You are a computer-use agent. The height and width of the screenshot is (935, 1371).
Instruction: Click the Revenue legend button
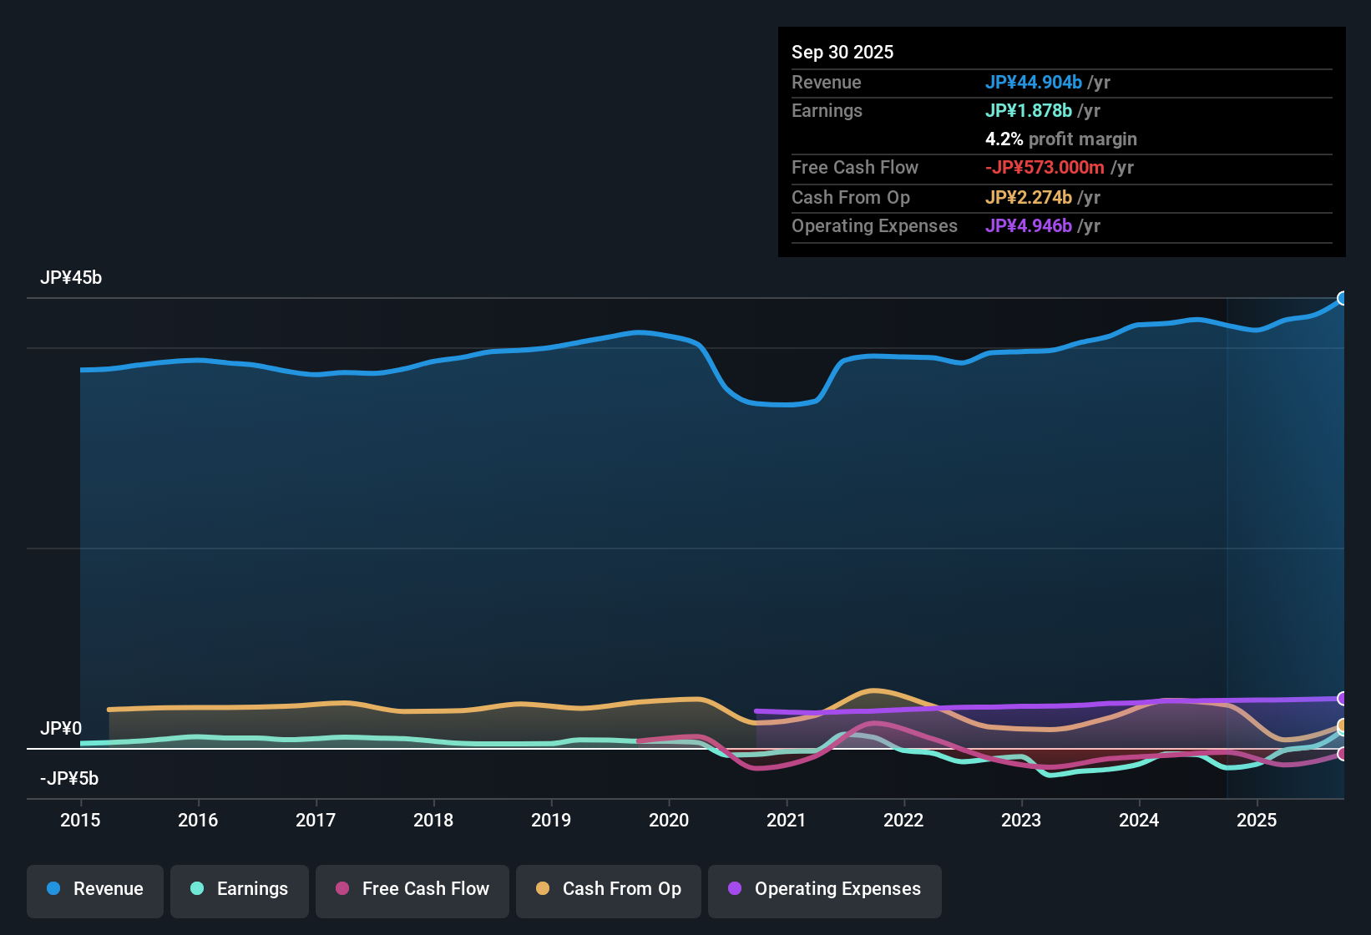click(95, 889)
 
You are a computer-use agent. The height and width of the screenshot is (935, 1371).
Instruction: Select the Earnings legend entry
click(240, 889)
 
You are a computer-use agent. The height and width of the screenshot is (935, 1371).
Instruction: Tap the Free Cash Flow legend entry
click(412, 889)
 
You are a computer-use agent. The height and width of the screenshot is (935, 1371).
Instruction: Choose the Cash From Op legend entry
click(609, 889)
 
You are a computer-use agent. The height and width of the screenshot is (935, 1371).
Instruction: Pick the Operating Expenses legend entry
click(825, 889)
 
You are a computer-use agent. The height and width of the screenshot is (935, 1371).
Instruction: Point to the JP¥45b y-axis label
click(71, 278)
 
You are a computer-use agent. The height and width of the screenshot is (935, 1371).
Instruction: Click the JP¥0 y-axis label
click(61, 729)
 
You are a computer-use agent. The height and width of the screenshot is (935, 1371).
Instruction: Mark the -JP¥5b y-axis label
click(69, 779)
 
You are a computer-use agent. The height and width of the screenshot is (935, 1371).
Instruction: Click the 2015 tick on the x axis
click(80, 821)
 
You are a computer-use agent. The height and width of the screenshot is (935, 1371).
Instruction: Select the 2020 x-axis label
click(669, 821)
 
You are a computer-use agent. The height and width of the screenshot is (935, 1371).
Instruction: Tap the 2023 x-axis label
click(1021, 821)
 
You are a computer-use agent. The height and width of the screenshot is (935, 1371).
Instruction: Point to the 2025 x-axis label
click(1257, 821)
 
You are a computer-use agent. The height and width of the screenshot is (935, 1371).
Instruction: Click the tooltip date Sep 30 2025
click(842, 53)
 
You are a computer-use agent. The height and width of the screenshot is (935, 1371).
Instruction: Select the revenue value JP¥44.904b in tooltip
click(1034, 83)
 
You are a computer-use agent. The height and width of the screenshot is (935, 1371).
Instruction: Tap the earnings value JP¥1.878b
click(1029, 111)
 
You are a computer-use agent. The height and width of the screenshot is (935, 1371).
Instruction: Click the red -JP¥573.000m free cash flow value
click(1045, 168)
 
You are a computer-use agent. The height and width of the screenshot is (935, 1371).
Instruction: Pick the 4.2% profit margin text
click(1061, 139)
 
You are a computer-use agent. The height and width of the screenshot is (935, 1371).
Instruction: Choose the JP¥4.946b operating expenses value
click(1029, 226)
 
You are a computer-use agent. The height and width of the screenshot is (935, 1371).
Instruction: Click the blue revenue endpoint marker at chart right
click(1343, 299)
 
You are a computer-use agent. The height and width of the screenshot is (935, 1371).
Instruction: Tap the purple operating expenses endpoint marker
click(1343, 699)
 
